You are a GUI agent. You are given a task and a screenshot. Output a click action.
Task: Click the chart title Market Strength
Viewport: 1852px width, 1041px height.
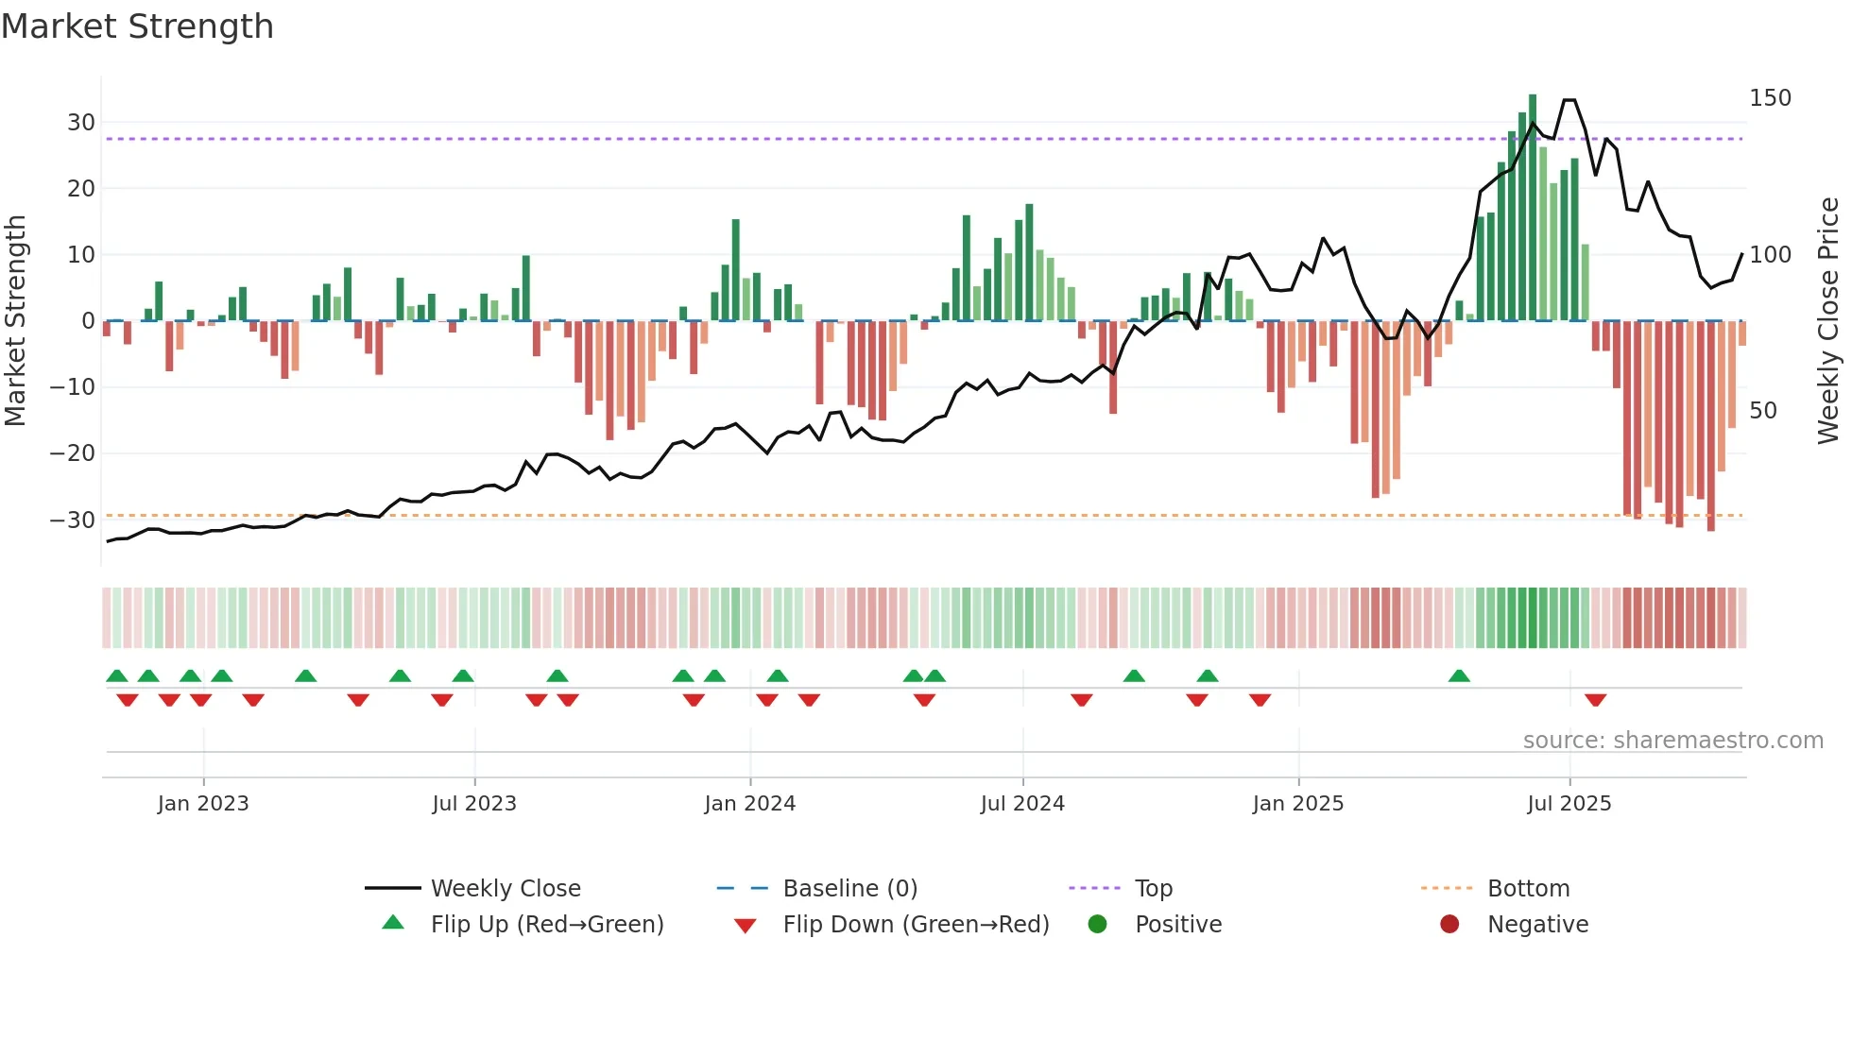point(137,26)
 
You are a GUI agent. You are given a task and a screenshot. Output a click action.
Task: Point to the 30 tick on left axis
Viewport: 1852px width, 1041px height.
point(80,123)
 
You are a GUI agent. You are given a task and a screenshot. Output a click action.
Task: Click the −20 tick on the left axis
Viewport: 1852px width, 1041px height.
point(73,453)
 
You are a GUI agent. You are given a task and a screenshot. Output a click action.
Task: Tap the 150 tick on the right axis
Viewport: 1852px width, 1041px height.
point(1770,98)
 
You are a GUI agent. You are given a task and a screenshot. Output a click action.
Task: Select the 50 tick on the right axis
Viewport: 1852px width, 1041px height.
point(1762,411)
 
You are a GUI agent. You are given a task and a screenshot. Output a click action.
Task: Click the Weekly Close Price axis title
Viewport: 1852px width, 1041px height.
point(1828,321)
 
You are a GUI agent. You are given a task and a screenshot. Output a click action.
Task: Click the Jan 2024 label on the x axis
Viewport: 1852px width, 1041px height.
point(749,804)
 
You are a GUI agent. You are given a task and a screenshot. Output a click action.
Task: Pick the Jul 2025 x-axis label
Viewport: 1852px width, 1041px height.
point(1569,804)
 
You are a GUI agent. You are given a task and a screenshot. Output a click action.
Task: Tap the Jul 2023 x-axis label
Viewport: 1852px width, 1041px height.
point(473,804)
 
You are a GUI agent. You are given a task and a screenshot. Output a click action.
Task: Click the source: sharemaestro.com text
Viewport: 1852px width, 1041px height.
point(1672,741)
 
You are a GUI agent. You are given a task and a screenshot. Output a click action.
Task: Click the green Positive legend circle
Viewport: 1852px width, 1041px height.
point(1097,925)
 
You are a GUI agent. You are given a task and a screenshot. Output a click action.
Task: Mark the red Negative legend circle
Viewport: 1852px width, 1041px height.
point(1449,925)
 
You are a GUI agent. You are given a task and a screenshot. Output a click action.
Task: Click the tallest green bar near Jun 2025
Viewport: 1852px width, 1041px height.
point(1532,208)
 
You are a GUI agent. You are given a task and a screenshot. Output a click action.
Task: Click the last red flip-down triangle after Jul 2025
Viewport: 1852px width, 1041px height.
point(1595,700)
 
